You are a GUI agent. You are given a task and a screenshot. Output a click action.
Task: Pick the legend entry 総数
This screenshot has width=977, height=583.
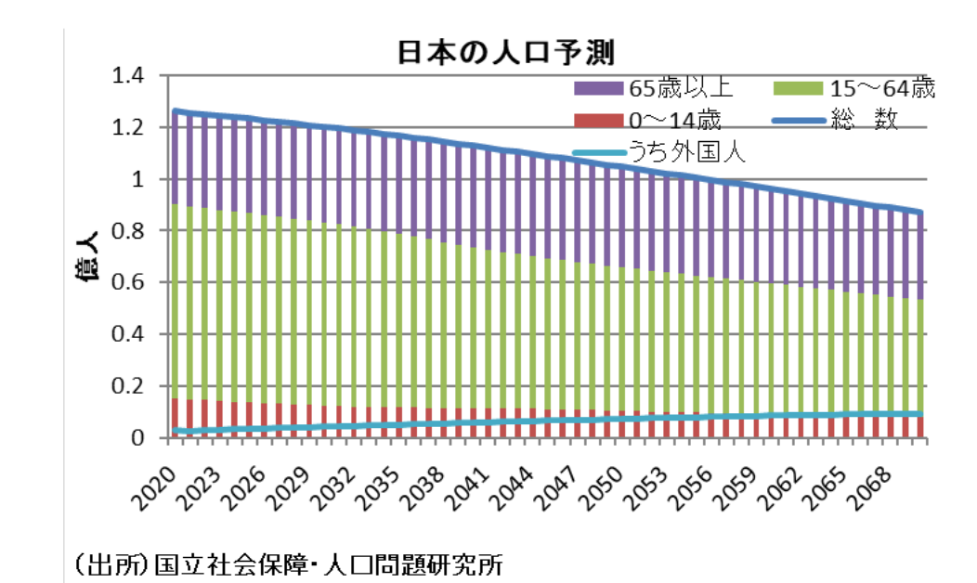[869, 120]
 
